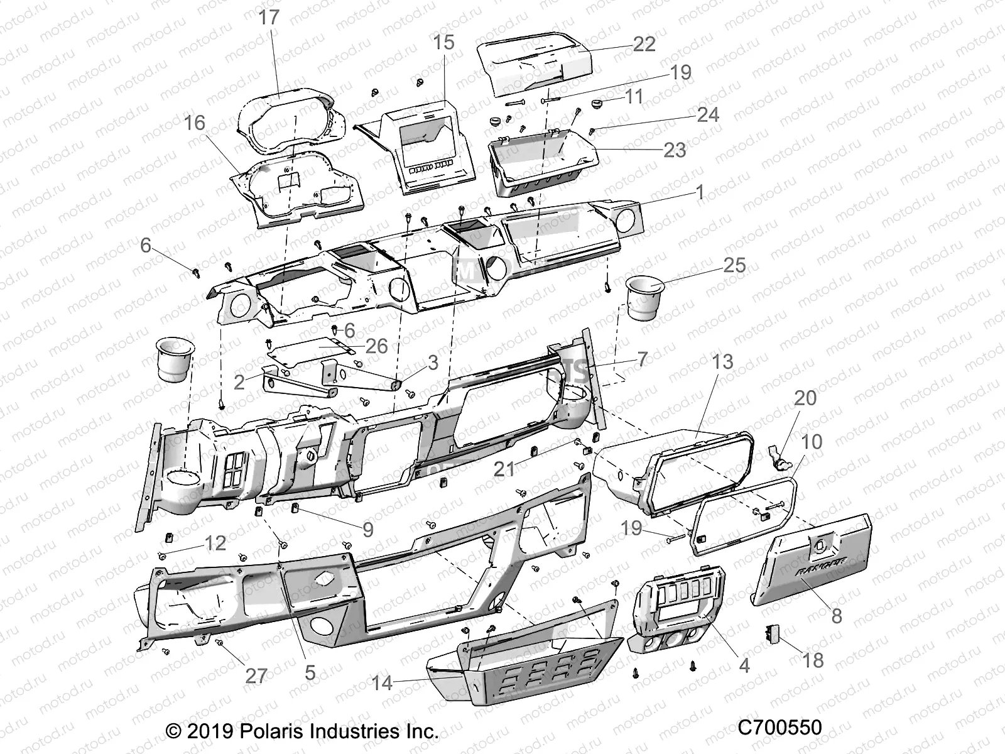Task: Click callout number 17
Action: tap(268, 17)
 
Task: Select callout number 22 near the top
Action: tap(644, 43)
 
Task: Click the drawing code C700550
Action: tap(780, 727)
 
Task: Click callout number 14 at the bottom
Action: tap(382, 683)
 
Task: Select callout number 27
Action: tap(256, 676)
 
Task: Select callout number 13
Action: tap(722, 362)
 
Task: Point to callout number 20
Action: tap(805, 398)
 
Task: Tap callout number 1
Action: tap(700, 192)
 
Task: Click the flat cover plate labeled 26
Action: tap(311, 349)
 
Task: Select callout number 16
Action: tap(195, 123)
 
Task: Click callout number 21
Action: tap(504, 468)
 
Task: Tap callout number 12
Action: tap(215, 543)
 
